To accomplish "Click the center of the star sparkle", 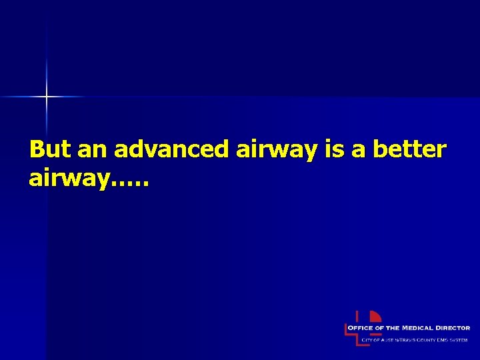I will (47, 97).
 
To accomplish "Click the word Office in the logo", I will (367, 328).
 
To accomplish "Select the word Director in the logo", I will (454, 328).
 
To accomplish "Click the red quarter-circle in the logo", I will (375, 317).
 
